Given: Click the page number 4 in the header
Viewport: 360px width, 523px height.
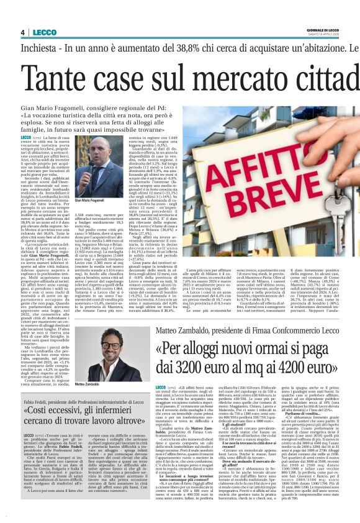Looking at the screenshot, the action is (x=22, y=32).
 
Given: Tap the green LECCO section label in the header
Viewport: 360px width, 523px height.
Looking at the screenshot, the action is (x=41, y=32).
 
